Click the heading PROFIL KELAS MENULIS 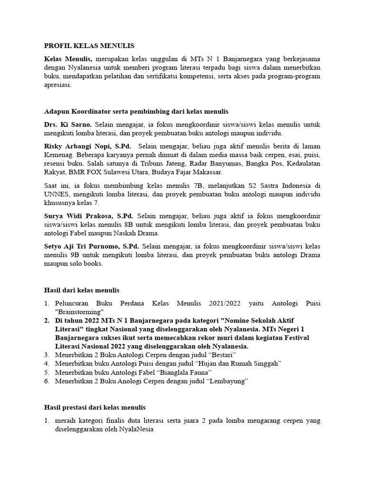click(89, 46)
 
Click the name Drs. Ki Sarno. click(64, 124)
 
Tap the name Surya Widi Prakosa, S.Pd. click(88, 216)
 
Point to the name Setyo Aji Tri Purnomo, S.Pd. click(91, 246)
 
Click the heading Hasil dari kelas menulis click(81, 290)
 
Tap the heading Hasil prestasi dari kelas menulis click(95, 407)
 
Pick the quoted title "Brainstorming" click(79, 312)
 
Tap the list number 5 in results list click(47, 372)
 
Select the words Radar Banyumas click(211, 164)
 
